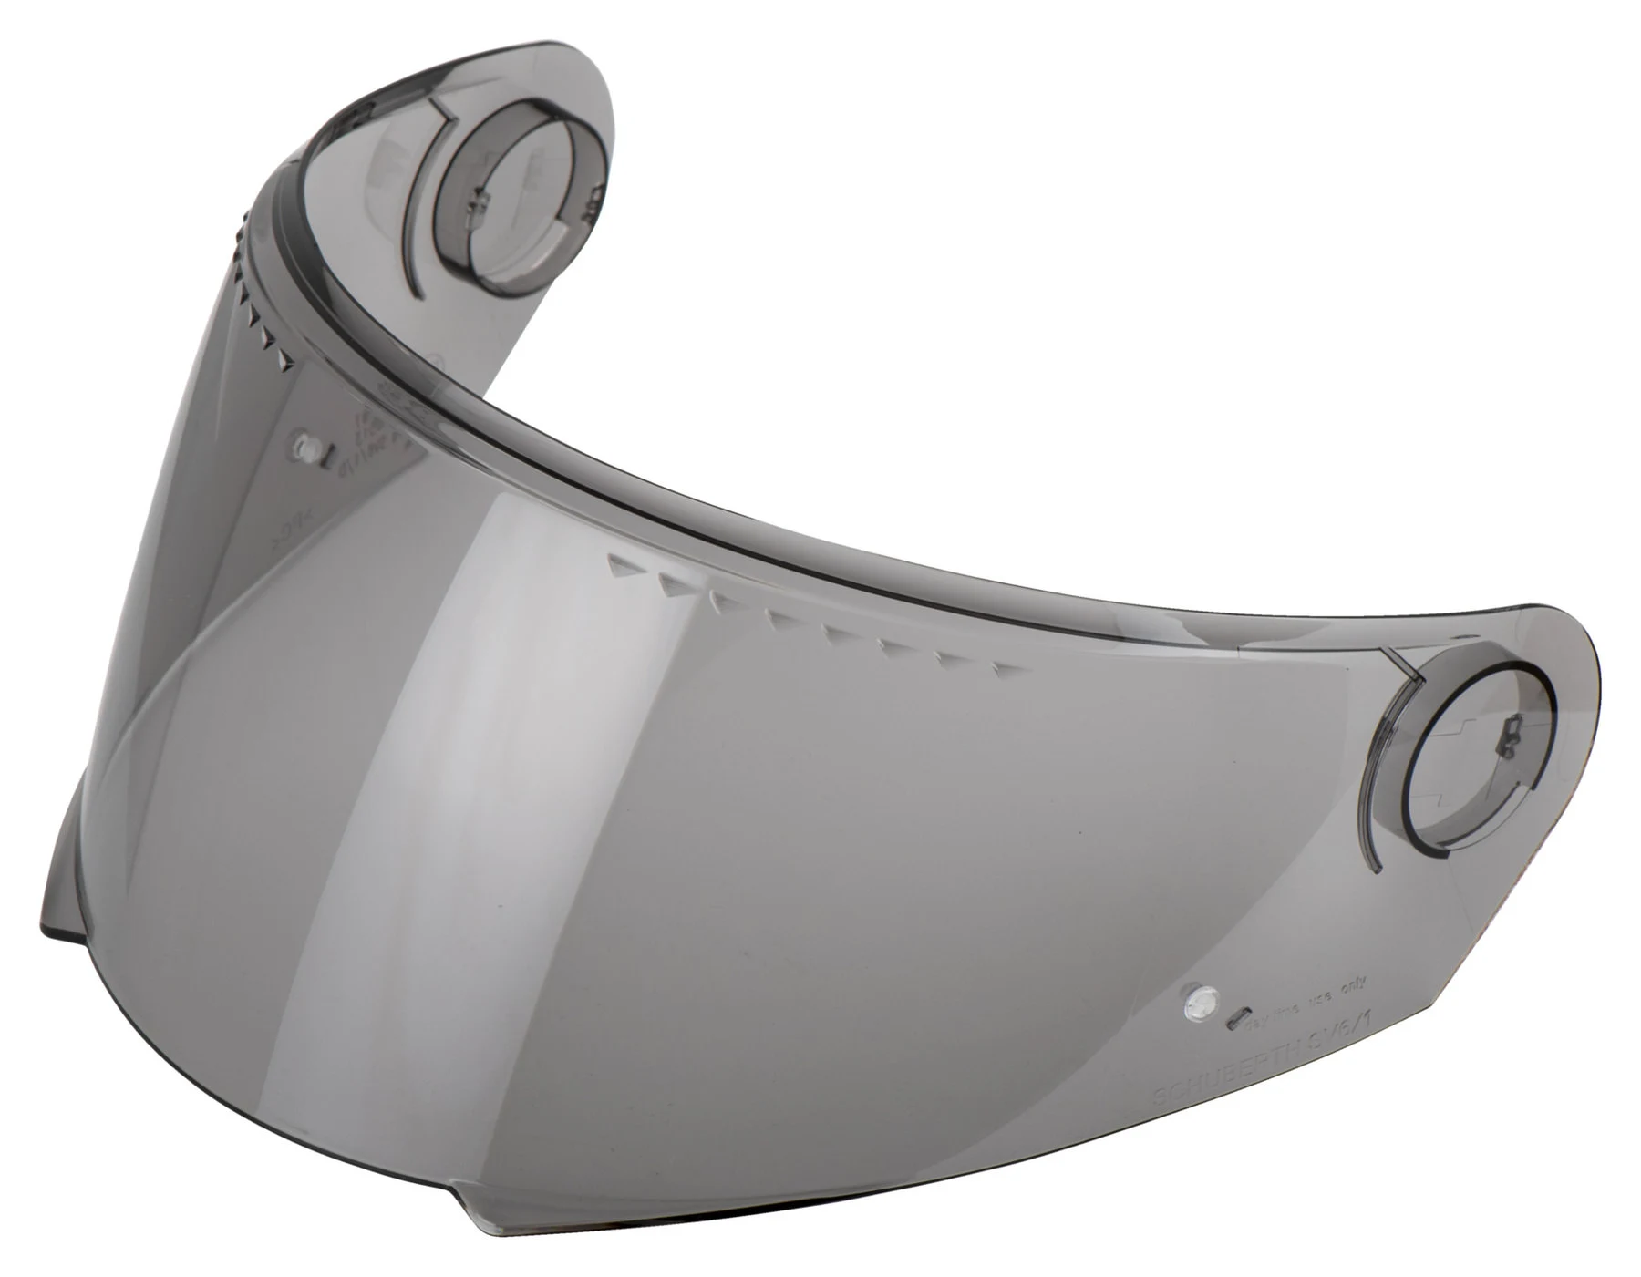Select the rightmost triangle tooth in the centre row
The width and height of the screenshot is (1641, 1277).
click(1003, 672)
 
